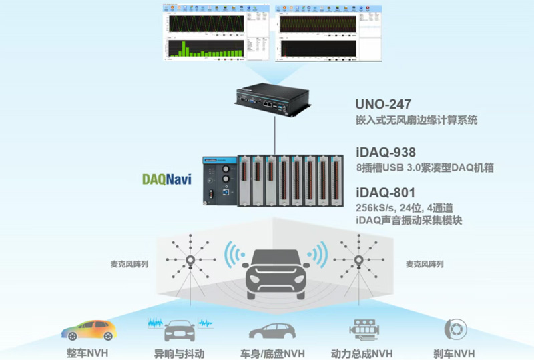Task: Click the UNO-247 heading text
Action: coord(383,105)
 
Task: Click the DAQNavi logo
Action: coord(167,179)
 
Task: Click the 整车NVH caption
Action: coord(87,352)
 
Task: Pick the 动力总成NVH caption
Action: coord(362,352)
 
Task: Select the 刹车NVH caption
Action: coord(455,352)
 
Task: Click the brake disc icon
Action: coord(456,329)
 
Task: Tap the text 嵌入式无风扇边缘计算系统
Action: coord(417,121)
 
